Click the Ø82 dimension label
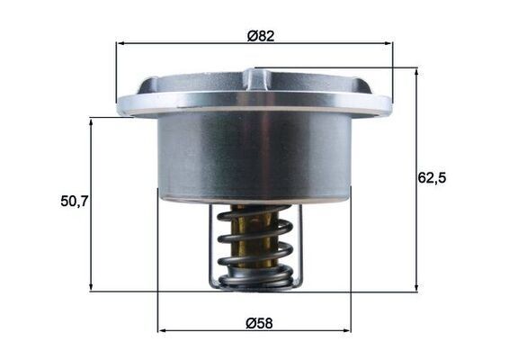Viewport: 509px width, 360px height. [261, 36]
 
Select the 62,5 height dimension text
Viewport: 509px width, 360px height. [433, 177]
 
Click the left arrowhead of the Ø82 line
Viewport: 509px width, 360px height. [120, 42]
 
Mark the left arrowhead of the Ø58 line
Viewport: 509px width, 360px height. [162, 330]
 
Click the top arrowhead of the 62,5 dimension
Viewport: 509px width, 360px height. [416, 71]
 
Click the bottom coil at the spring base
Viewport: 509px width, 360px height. [255, 281]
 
